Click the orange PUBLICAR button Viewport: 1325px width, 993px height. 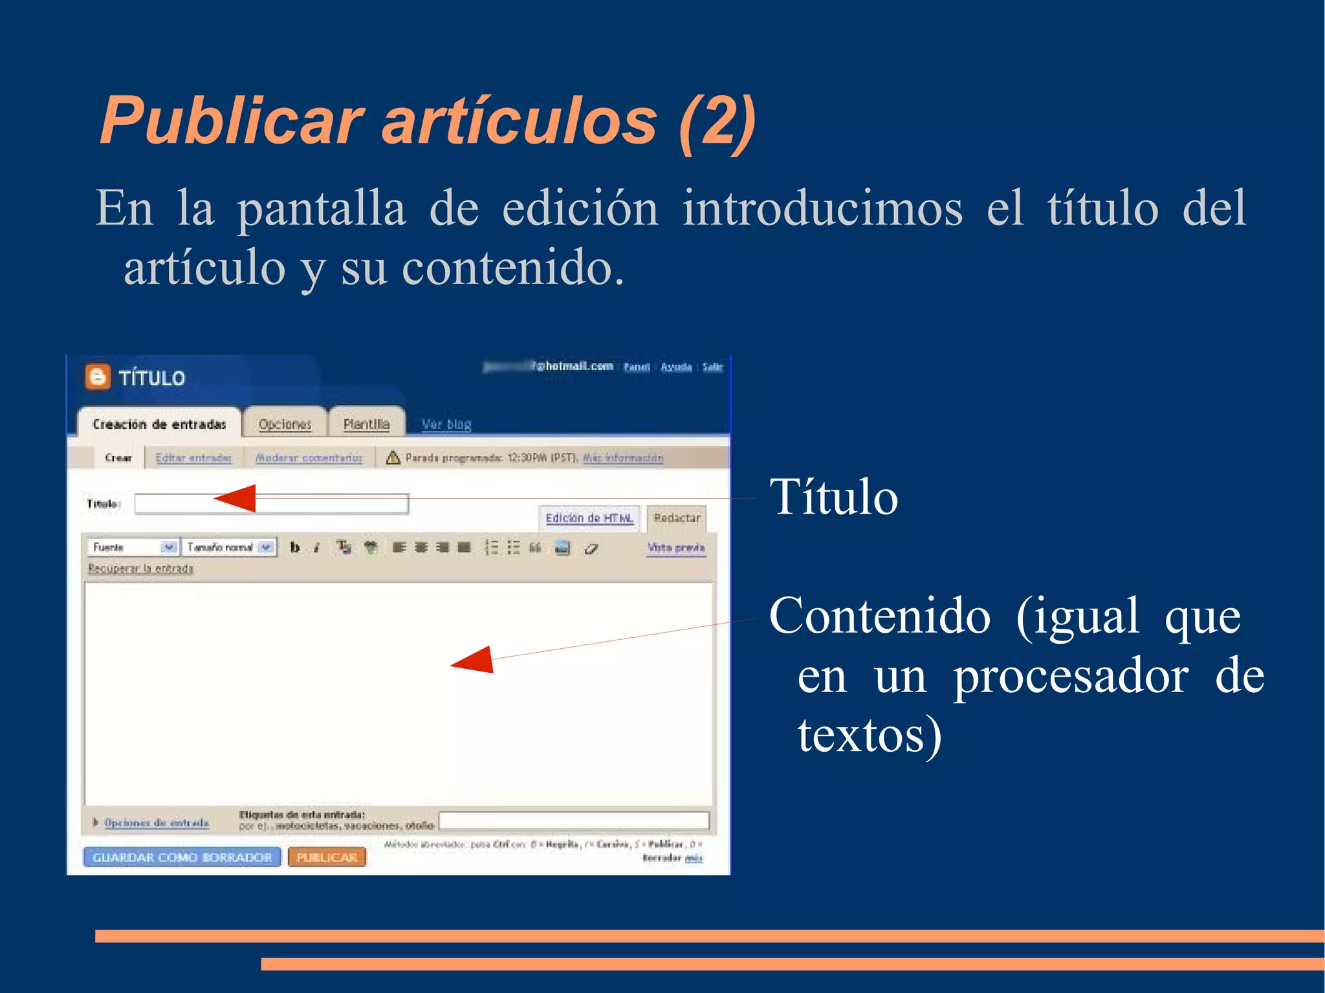coord(327,857)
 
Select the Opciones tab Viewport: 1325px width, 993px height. coord(285,424)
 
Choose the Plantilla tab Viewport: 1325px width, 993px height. coord(366,424)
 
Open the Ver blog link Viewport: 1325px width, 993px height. coord(446,424)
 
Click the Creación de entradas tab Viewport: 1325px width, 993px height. coord(159,424)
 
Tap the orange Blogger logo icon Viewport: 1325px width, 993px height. coord(98,376)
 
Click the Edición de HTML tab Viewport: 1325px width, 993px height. coord(589,518)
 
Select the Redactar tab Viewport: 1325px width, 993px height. coord(677,518)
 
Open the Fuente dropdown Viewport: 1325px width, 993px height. coord(133,547)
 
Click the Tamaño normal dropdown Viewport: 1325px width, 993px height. coord(229,547)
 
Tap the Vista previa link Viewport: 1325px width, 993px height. coord(676,548)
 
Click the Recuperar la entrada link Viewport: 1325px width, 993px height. coord(140,569)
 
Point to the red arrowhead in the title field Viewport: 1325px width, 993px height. coord(235,498)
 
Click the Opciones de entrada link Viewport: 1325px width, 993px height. coord(157,823)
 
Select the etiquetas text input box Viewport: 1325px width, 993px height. coord(574,821)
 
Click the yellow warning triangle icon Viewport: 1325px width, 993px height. coord(393,457)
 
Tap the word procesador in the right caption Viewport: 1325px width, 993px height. coord(1071,677)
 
